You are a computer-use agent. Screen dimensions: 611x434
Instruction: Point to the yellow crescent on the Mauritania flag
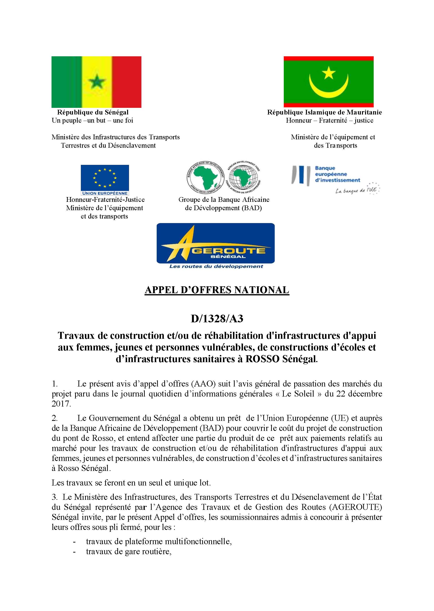tap(328, 88)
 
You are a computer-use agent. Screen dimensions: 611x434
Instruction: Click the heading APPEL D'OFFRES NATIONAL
tap(217, 290)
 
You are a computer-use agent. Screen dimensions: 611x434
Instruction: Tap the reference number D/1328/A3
tap(217, 319)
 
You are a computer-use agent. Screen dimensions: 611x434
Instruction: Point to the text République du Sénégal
tap(93, 112)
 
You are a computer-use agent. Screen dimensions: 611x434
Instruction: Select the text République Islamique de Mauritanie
tap(325, 112)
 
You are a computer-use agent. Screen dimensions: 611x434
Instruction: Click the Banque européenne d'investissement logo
tap(326, 174)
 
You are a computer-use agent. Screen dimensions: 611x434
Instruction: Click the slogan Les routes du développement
tap(216, 266)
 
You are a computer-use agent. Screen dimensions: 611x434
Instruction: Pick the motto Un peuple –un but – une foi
tap(93, 120)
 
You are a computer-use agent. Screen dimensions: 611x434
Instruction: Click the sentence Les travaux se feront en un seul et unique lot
tap(131, 483)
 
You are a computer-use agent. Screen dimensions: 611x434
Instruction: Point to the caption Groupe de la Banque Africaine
tap(224, 199)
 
